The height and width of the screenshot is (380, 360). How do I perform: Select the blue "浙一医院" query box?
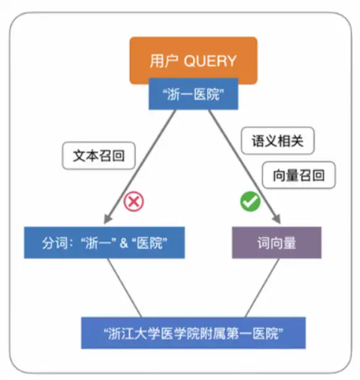[x=194, y=94]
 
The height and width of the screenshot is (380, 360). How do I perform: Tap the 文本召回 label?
[x=99, y=155]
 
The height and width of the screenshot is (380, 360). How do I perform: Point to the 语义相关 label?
[x=278, y=140]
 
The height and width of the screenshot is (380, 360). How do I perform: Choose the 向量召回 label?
[x=299, y=175]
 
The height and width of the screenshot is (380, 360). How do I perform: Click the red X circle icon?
[x=134, y=201]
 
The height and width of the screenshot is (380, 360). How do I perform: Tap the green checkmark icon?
[x=251, y=201]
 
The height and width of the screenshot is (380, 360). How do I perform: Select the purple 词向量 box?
[x=276, y=243]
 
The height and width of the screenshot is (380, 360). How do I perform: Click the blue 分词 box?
[x=105, y=243]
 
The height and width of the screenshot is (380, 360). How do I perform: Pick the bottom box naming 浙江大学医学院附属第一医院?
[x=194, y=333]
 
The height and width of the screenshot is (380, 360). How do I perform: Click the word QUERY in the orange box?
[x=210, y=61]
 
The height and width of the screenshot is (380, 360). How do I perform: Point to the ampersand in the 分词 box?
[x=124, y=243]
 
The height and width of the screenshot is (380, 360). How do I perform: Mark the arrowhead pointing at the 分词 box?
[x=107, y=218]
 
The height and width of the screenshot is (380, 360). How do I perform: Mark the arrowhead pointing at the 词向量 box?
[x=277, y=218]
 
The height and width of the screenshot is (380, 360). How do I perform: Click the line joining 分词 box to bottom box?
[x=124, y=288]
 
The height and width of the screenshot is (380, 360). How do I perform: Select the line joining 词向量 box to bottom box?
[x=262, y=288]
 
